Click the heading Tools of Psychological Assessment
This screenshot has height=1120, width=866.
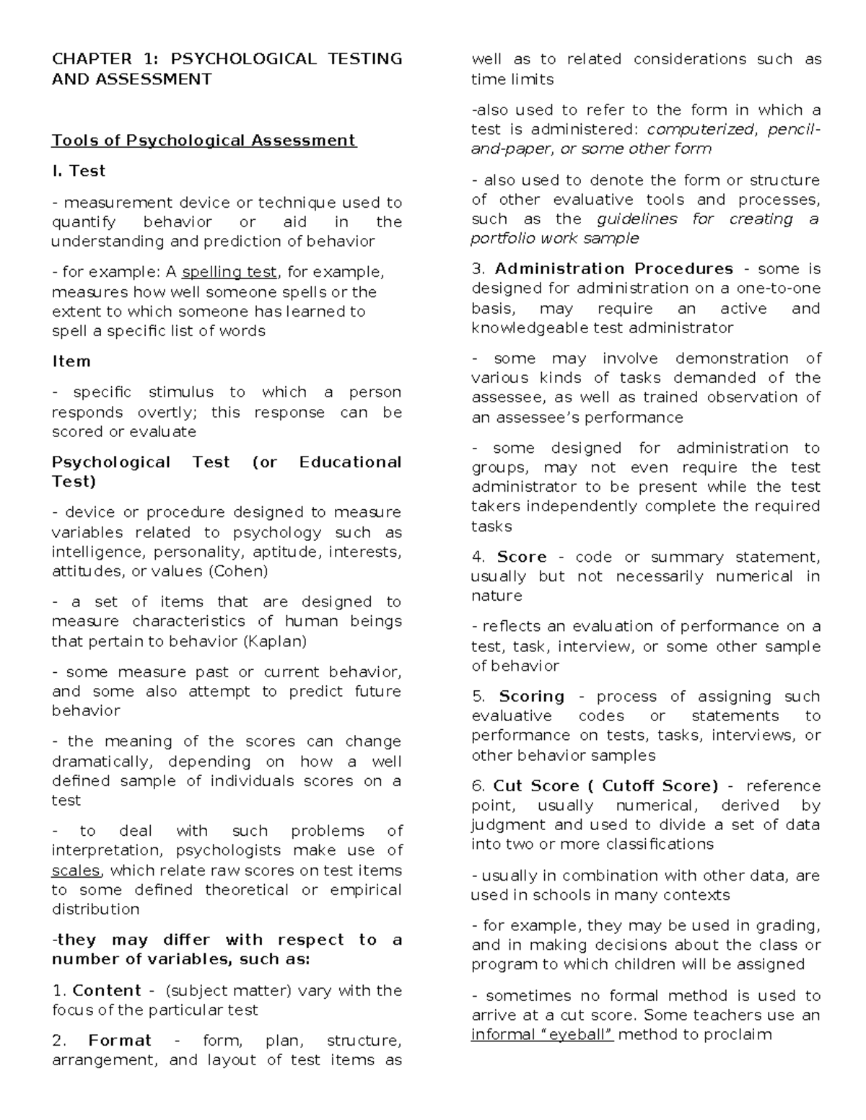tap(204, 140)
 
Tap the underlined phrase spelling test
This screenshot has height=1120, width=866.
tap(229, 272)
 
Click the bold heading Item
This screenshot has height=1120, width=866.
tap(71, 361)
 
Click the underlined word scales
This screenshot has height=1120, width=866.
tap(76, 870)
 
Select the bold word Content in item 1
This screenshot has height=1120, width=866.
tap(107, 990)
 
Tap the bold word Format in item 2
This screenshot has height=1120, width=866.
tap(120, 1041)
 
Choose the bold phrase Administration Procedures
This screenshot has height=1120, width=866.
tap(613, 269)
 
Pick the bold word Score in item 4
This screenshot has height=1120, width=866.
tap(522, 557)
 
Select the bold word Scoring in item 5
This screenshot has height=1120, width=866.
tap(531, 697)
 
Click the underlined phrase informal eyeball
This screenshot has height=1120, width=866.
tap(542, 1035)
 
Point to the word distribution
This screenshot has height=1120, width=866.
tap(95, 909)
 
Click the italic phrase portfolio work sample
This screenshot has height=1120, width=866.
tap(554, 239)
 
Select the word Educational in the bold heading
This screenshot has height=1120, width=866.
tap(350, 462)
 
